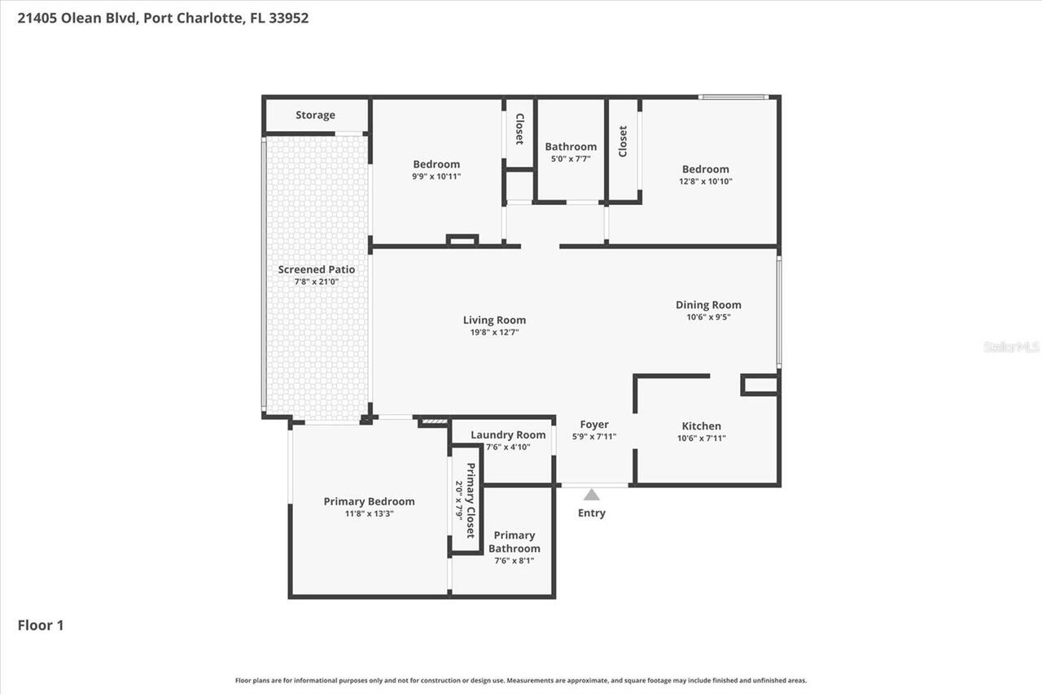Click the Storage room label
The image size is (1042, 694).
[x=315, y=116]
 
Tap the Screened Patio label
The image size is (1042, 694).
[x=317, y=269]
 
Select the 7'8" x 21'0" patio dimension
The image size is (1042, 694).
[x=317, y=282]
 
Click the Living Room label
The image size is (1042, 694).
[x=494, y=320]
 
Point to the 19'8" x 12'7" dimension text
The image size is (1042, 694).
[x=494, y=332]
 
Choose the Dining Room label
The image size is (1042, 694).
[x=708, y=305]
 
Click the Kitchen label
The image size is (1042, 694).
[x=701, y=426]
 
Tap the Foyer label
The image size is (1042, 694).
[x=594, y=425]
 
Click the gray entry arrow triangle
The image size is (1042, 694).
[x=592, y=495]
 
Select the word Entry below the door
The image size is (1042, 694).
[x=592, y=513]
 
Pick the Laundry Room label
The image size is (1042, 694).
[x=508, y=434]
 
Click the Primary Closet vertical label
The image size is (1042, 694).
[x=470, y=500]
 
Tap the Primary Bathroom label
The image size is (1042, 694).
[x=514, y=542]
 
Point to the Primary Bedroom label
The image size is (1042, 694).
[x=369, y=501]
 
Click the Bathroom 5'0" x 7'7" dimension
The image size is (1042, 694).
[x=571, y=159]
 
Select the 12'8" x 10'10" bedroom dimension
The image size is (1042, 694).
[x=706, y=181]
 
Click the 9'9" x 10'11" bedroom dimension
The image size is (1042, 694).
[x=436, y=176]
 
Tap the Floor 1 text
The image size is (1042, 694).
[x=41, y=626]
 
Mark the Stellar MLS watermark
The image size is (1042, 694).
[x=1012, y=347]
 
